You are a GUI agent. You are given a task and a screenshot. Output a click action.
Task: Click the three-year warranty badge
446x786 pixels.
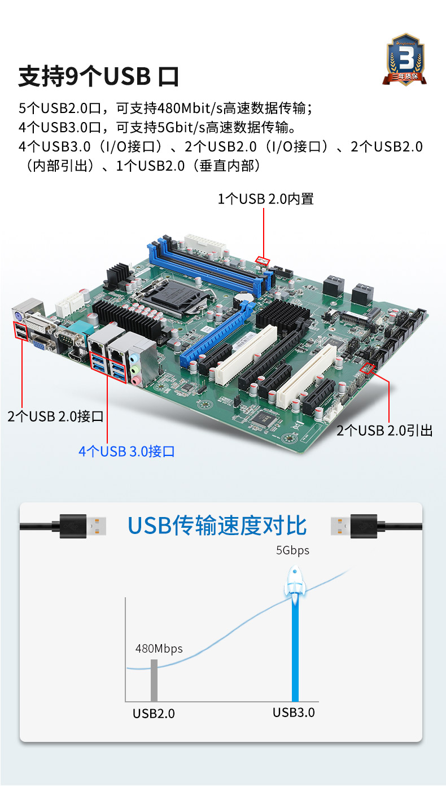click(404, 59)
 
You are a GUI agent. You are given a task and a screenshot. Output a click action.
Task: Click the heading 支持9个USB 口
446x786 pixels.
click(99, 77)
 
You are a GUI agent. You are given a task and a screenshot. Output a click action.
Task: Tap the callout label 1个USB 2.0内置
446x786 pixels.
click(265, 199)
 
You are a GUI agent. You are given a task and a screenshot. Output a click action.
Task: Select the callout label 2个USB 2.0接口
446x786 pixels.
click(55, 416)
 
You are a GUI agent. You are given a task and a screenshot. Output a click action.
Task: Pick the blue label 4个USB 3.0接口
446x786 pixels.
click(126, 451)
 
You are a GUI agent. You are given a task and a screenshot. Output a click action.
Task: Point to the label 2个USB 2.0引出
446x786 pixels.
click(384, 431)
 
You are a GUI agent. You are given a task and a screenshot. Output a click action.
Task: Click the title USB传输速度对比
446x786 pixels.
click(217, 526)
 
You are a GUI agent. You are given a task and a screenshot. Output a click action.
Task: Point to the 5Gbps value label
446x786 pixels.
click(292, 550)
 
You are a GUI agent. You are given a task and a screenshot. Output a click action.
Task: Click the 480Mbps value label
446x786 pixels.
click(159, 649)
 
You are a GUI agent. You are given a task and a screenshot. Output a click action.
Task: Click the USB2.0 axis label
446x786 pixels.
click(154, 714)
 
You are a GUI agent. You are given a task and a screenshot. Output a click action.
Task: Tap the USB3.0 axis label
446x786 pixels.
click(294, 713)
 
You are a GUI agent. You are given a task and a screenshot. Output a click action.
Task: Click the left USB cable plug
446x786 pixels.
click(79, 526)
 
